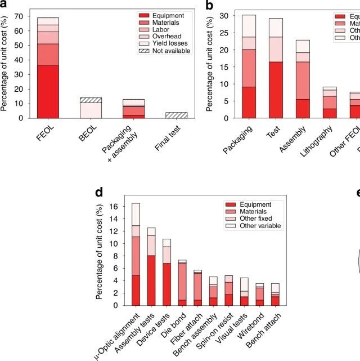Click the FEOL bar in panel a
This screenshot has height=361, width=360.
click(48, 68)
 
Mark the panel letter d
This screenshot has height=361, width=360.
click(99, 193)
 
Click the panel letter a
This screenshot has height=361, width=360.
click(4, 6)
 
